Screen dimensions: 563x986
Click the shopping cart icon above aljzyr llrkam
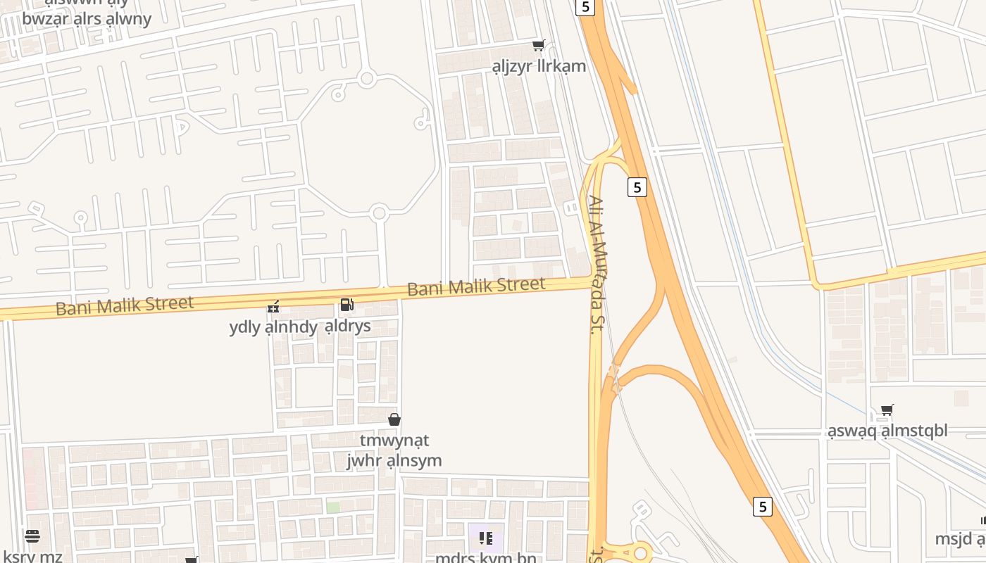539,46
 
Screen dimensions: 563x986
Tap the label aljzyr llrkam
539,66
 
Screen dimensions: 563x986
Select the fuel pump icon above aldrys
347,305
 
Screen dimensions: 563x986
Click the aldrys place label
348,327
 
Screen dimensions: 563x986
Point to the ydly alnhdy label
273,327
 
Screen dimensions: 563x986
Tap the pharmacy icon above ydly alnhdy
273,306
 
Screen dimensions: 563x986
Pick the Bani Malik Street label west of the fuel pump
124,305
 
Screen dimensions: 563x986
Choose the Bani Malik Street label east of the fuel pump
476,286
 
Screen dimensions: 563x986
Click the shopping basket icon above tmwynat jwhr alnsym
394,419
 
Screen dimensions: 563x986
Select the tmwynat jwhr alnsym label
394,450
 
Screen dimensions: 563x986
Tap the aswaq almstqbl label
887,431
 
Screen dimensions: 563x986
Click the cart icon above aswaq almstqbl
887,410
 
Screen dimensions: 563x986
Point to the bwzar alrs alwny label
87,18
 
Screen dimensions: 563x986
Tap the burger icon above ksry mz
32,536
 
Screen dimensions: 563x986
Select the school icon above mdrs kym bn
486,538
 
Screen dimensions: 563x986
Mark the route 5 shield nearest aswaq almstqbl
762,506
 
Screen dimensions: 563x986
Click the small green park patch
332,507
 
